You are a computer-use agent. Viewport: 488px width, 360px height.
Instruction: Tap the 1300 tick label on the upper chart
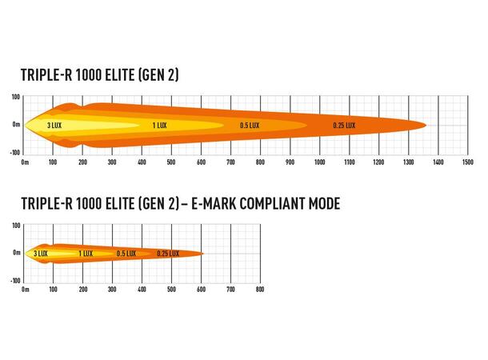tap(409, 162)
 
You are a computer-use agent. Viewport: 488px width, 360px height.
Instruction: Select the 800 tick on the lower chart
tap(260, 290)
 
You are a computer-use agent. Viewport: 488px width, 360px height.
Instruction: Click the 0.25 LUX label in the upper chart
tap(345, 125)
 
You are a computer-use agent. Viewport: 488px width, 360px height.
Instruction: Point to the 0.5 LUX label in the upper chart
tap(250, 125)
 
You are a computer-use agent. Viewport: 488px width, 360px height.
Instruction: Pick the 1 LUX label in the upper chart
tap(159, 125)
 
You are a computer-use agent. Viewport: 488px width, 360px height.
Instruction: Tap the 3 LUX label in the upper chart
tap(54, 125)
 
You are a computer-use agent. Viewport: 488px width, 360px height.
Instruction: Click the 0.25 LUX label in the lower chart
tap(168, 254)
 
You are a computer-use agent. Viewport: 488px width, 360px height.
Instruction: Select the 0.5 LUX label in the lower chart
tap(126, 254)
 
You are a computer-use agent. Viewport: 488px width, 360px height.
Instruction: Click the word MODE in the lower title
tap(326, 204)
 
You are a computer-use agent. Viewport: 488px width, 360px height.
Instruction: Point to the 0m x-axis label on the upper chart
tap(25, 162)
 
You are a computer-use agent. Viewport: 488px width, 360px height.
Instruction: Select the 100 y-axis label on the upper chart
tap(15, 97)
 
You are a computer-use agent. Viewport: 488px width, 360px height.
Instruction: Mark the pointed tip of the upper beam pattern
tap(426, 125)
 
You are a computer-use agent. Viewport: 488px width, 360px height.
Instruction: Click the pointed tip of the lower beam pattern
tap(203, 254)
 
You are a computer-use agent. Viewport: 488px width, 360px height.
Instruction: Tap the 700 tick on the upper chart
tap(231, 162)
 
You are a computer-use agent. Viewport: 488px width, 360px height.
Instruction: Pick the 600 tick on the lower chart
tap(202, 290)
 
